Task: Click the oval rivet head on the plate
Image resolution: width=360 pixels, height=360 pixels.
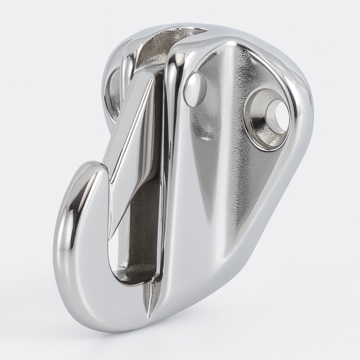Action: click(195, 89)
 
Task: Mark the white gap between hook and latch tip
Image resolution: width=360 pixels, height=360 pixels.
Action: click(112, 253)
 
